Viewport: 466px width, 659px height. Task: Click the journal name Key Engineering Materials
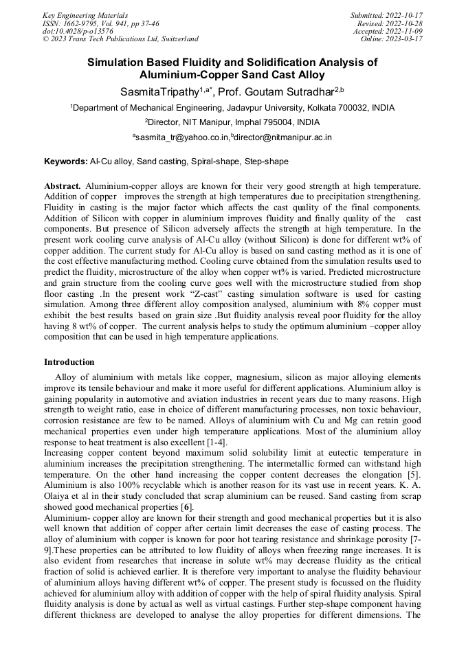(85, 15)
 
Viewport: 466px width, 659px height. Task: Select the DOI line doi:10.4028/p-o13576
(78, 31)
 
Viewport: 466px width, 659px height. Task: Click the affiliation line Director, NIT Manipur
(232, 122)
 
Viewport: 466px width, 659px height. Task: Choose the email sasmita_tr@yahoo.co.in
(180, 137)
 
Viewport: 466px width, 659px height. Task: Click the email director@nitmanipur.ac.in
(282, 137)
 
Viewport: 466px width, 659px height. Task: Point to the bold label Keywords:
(66, 161)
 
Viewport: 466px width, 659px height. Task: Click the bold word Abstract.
(63, 186)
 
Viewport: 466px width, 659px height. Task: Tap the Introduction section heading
(69, 362)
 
